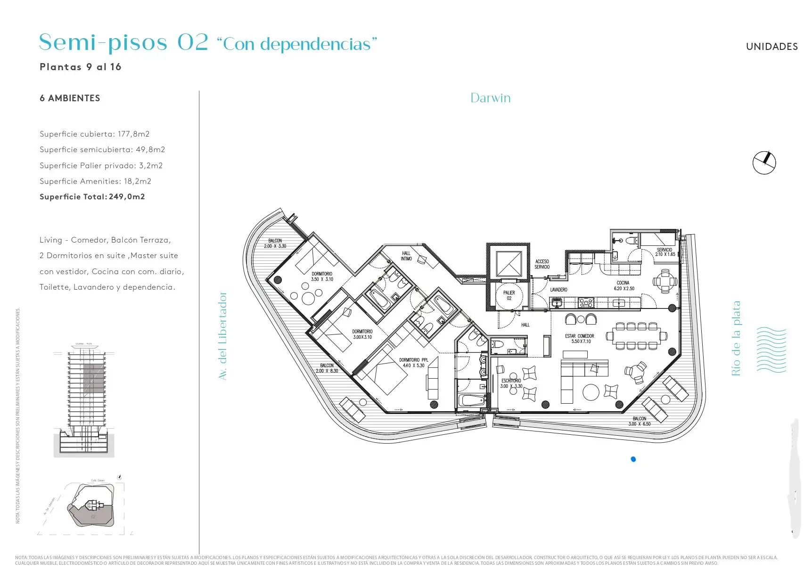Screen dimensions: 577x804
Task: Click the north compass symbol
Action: pos(764,163)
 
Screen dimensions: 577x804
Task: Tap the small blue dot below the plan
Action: pos(633,459)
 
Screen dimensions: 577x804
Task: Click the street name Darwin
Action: pos(490,98)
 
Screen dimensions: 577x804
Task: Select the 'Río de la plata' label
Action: pos(736,338)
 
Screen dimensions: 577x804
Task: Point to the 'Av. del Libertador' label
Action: pos(223,336)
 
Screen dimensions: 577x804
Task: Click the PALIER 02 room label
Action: pos(509,295)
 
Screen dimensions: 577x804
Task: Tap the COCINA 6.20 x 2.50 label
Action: pos(624,286)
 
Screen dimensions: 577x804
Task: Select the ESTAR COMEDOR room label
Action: pos(579,339)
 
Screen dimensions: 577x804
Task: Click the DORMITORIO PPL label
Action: pos(413,363)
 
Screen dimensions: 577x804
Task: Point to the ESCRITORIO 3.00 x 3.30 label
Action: pos(511,383)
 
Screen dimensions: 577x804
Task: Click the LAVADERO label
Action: pos(558,290)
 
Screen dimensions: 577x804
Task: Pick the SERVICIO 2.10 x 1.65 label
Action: pos(665,252)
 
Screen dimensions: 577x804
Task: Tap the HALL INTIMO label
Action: pos(406,256)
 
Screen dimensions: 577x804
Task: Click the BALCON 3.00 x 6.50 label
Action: pos(639,421)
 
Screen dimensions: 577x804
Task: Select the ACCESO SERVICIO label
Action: pos(542,264)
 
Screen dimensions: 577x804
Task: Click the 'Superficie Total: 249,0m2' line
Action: pos(92,197)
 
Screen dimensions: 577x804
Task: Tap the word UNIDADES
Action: pos(771,47)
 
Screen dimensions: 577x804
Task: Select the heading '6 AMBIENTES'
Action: pos(70,98)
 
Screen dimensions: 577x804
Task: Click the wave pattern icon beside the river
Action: pos(771,349)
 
